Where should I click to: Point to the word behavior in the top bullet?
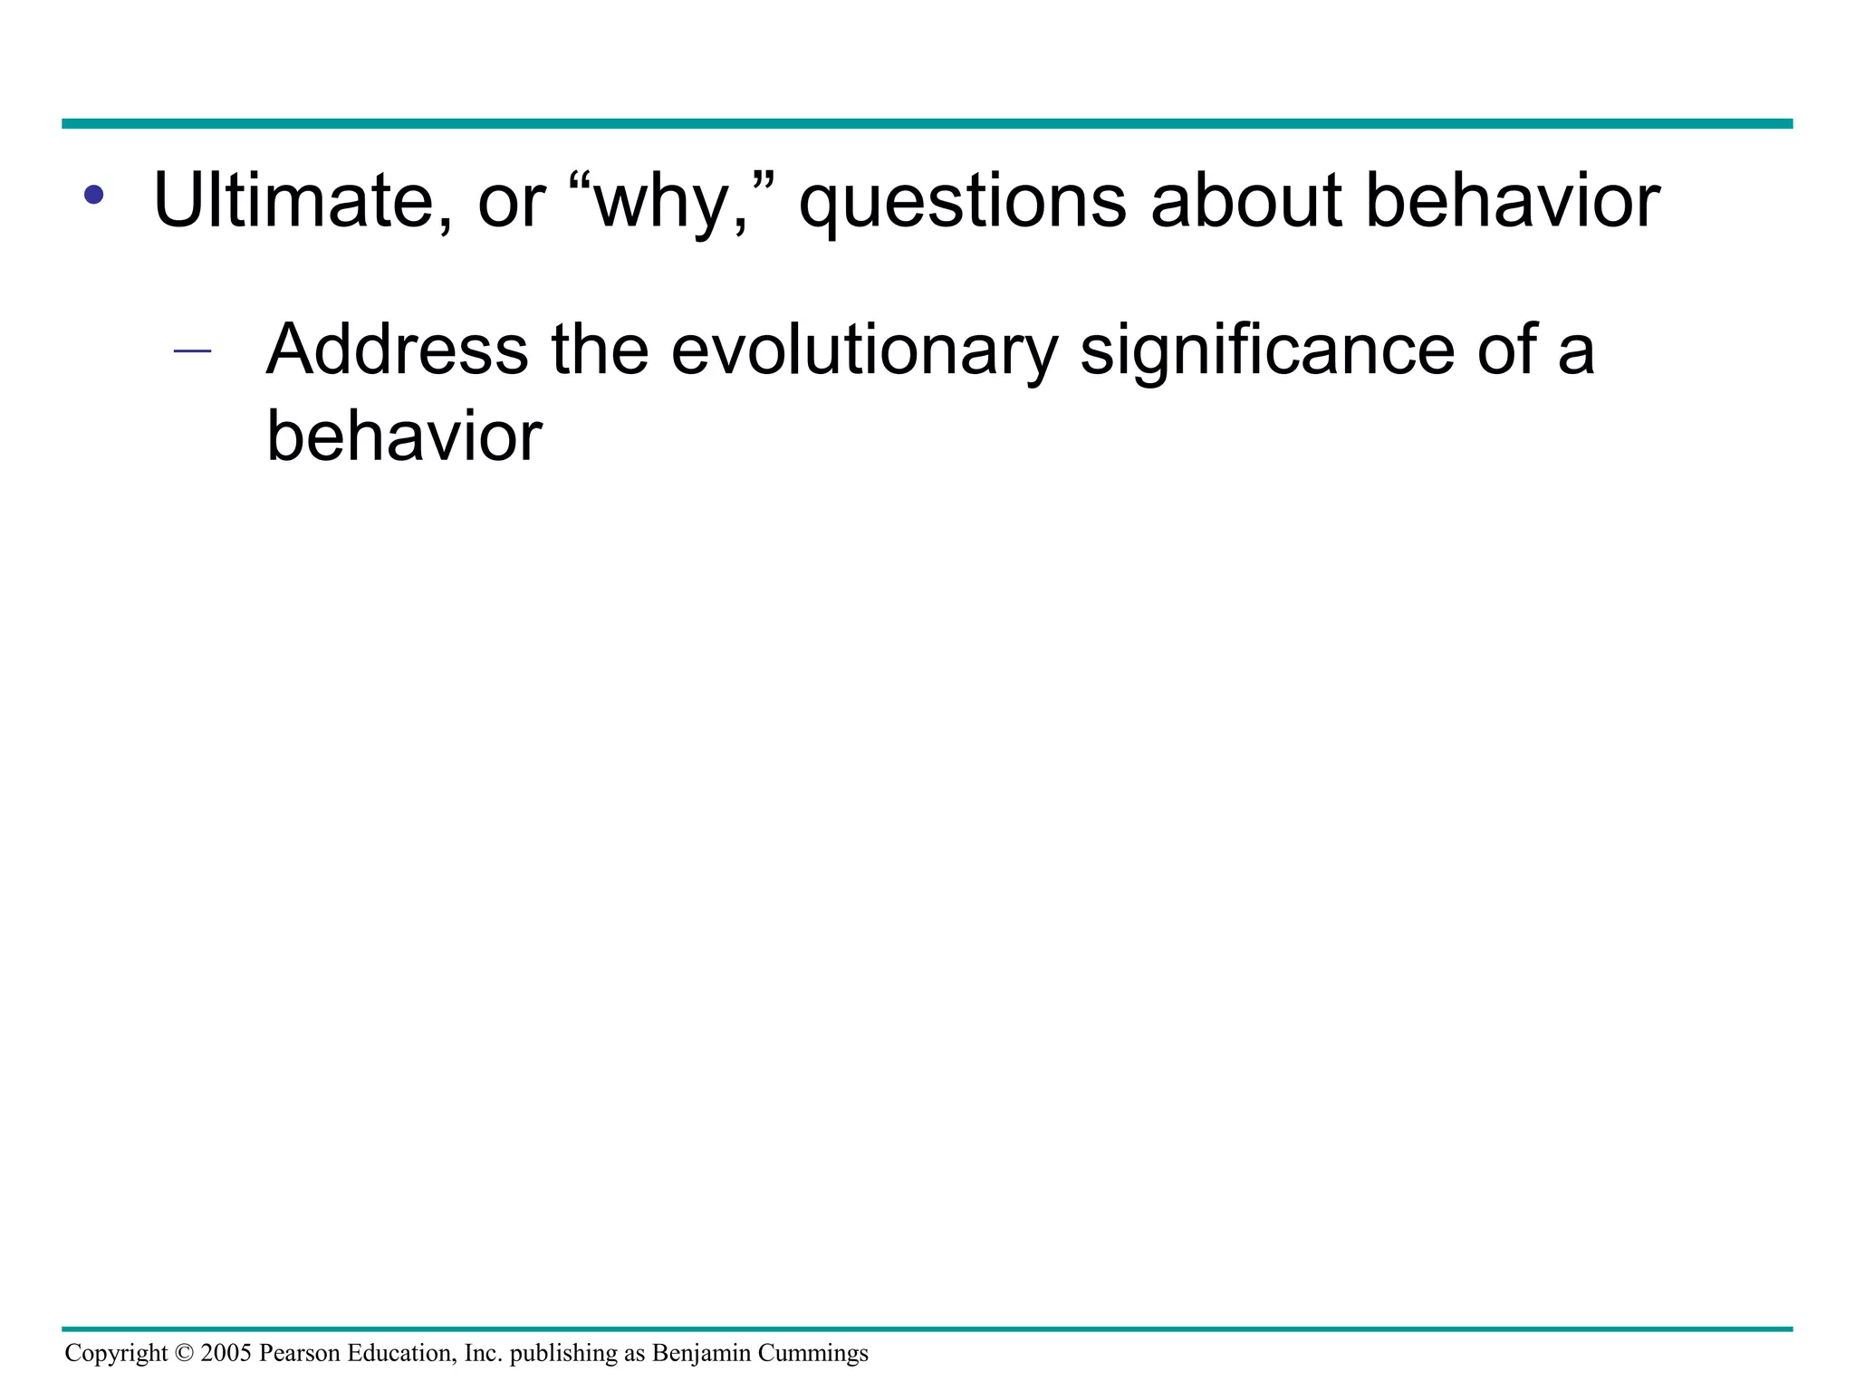[x=1512, y=200]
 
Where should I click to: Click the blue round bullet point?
[x=93, y=194]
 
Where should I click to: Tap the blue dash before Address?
[x=192, y=350]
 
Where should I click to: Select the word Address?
[x=397, y=349]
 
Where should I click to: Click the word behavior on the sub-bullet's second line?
[x=404, y=436]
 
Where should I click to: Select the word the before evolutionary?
[x=600, y=349]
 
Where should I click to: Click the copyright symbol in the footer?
[x=184, y=1353]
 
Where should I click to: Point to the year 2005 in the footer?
[x=226, y=1353]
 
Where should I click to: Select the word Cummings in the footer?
[x=812, y=1353]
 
